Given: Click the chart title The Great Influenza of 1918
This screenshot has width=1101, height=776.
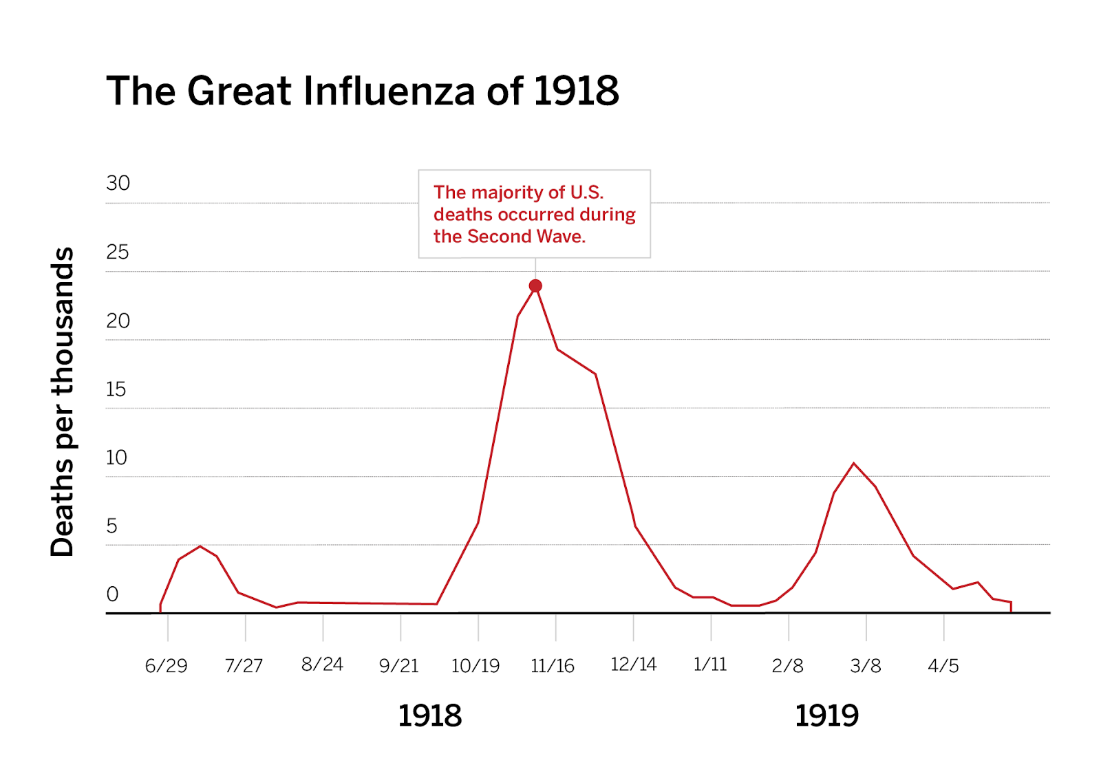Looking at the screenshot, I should tap(363, 91).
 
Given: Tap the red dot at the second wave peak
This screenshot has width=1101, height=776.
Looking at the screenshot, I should tap(535, 285).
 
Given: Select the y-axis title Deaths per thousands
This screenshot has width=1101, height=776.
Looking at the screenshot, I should tap(63, 402).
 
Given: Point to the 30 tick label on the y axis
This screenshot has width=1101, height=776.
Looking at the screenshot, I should tap(118, 183).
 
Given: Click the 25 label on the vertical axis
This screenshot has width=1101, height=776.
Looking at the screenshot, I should tap(117, 252).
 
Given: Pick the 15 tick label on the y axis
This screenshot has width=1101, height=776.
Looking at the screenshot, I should tap(116, 389).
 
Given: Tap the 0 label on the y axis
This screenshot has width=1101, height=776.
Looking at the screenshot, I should tap(112, 594).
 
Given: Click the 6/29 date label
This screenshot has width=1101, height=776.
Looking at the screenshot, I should tap(166, 666).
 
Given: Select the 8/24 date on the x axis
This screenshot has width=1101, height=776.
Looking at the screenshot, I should tap(322, 665).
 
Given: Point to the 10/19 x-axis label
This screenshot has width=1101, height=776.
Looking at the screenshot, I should tap(475, 666).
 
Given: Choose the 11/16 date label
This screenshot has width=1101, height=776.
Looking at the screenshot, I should tap(553, 666).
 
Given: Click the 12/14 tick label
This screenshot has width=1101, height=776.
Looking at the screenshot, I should tap(633, 665).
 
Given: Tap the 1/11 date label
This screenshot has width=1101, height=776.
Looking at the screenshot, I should tap(710, 665).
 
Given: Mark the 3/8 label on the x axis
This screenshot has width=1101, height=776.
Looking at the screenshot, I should tap(865, 666).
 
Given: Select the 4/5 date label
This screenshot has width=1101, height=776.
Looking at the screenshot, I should tap(943, 666).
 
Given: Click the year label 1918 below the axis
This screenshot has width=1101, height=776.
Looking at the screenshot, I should tap(430, 716).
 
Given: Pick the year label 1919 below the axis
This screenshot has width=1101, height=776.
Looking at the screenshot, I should tap(827, 716).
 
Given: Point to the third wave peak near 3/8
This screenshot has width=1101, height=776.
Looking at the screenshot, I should tap(854, 464).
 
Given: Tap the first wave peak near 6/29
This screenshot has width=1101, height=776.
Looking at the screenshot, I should tap(200, 546).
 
